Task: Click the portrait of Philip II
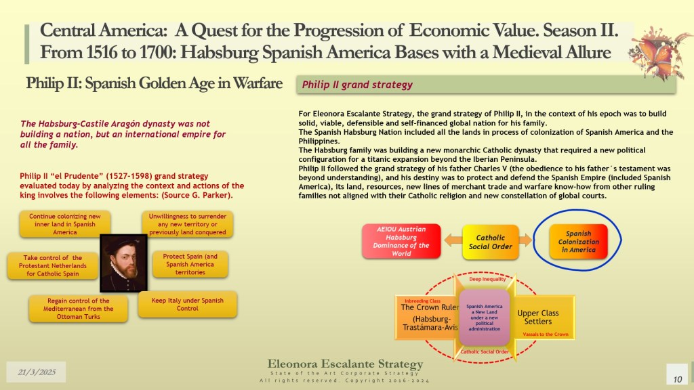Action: pos(123,263)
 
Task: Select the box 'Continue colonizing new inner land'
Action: pos(64,224)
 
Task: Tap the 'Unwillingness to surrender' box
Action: pos(187,224)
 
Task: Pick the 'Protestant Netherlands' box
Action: pos(53,265)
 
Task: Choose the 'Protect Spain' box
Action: pos(190,264)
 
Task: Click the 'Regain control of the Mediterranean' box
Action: pos(79,309)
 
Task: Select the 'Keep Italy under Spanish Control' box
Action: pos(187,304)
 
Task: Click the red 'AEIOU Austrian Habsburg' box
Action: pos(401,241)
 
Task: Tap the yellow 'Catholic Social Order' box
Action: pos(491,242)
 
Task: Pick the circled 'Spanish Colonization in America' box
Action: pos(578,242)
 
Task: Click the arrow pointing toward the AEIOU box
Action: pos(453,240)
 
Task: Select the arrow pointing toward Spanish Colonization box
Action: pos(525,240)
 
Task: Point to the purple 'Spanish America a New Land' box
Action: pos(484,318)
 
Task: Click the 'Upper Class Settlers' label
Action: pos(537,317)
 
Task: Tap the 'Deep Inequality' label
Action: pos(487,279)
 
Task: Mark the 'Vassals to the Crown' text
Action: pos(546,334)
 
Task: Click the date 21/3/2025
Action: pos(37,372)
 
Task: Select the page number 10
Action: pos(677,379)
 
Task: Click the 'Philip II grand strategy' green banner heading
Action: pos(357,85)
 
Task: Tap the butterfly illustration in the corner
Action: pos(659,53)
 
